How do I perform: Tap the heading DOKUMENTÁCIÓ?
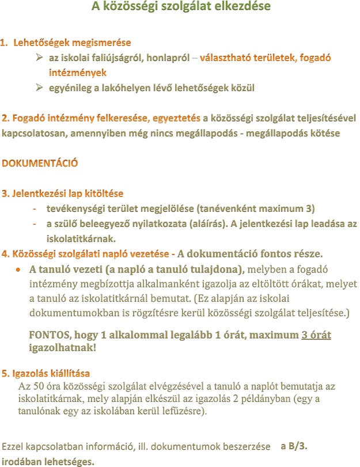(x=40, y=163)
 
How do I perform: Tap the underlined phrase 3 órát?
(x=316, y=336)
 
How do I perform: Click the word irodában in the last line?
(x=20, y=461)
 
